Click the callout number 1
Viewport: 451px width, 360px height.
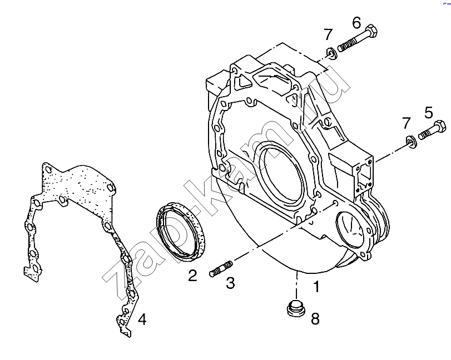tap(316, 287)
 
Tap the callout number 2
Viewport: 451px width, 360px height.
tap(192, 275)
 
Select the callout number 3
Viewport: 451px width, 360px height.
tap(230, 283)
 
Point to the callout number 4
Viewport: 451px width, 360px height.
tap(142, 319)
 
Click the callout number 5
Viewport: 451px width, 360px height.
tap(428, 113)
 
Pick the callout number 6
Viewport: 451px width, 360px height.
tap(356, 23)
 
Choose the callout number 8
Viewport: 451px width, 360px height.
tap(315, 318)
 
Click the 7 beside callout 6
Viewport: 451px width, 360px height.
tap(328, 34)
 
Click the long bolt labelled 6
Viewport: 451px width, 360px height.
tap(359, 41)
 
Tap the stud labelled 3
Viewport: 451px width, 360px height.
tap(221, 267)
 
